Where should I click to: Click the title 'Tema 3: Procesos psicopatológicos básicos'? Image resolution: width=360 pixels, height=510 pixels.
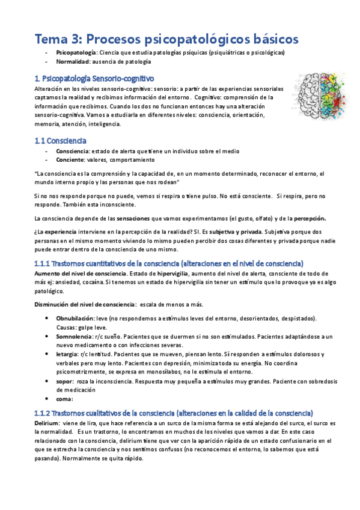point(166,39)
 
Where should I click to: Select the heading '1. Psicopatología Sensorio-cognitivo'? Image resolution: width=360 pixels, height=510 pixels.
point(94,78)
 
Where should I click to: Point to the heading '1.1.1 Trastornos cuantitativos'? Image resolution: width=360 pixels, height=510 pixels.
point(169,263)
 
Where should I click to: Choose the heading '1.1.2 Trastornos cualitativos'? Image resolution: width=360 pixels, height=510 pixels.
point(173,413)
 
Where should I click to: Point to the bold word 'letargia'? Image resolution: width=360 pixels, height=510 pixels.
point(67,354)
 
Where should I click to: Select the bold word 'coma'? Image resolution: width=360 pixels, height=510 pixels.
point(64,399)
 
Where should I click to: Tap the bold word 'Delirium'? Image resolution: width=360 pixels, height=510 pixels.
point(47,423)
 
